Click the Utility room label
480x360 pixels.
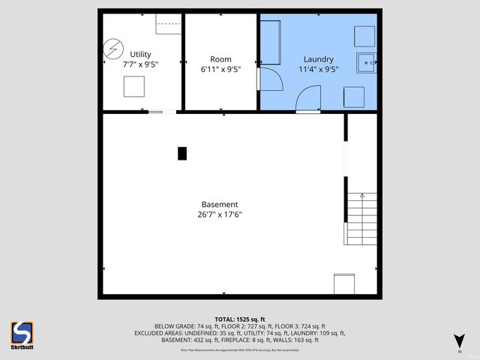[140, 54]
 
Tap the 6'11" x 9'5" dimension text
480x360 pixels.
[220, 70]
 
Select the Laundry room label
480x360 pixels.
[318, 59]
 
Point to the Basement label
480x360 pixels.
[220, 204]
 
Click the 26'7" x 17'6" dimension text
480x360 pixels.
[220, 214]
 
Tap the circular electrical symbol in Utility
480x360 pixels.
[112, 49]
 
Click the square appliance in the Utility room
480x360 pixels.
[135, 87]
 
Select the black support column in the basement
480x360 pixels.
[181, 153]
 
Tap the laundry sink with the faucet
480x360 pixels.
[367, 63]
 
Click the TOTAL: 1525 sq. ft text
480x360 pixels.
[240, 319]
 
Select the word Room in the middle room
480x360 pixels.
[220, 59]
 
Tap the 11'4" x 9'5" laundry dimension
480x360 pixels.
[318, 70]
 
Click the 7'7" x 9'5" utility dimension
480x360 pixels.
[140, 64]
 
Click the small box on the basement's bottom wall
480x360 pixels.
[343, 283]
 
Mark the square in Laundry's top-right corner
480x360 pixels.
[364, 36]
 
